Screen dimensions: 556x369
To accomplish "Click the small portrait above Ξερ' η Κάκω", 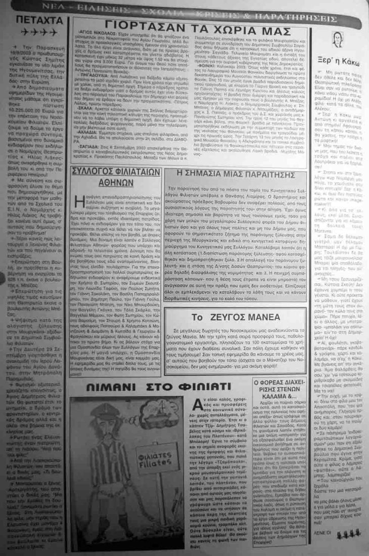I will click(336, 39).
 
